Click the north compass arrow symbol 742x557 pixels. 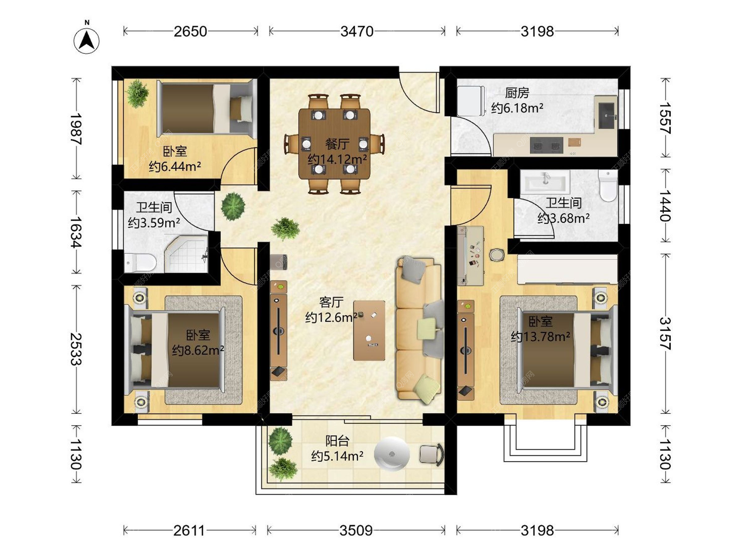[87, 40]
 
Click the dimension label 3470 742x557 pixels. [357, 31]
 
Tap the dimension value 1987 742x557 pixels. [76, 129]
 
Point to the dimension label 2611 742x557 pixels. [189, 530]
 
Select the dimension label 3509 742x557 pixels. [356, 530]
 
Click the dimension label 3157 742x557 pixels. [665, 333]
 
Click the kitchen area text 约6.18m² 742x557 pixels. [517, 108]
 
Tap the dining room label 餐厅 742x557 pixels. [337, 144]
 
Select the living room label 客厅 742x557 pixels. [331, 302]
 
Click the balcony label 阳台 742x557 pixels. [337, 441]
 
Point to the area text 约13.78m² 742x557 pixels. [540, 337]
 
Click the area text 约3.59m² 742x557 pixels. [154, 223]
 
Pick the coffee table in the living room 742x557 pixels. [369, 330]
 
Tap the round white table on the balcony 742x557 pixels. [391, 454]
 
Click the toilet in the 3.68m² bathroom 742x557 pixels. [608, 186]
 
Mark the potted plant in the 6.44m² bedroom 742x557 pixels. [137, 93]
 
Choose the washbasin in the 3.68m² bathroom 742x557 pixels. [545, 181]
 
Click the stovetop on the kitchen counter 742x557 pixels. [546, 146]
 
